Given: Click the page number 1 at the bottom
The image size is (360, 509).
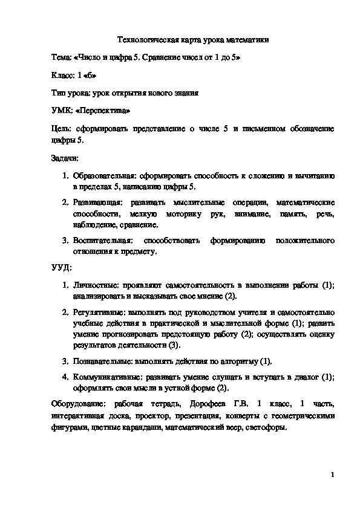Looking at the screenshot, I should pos(333,475).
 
